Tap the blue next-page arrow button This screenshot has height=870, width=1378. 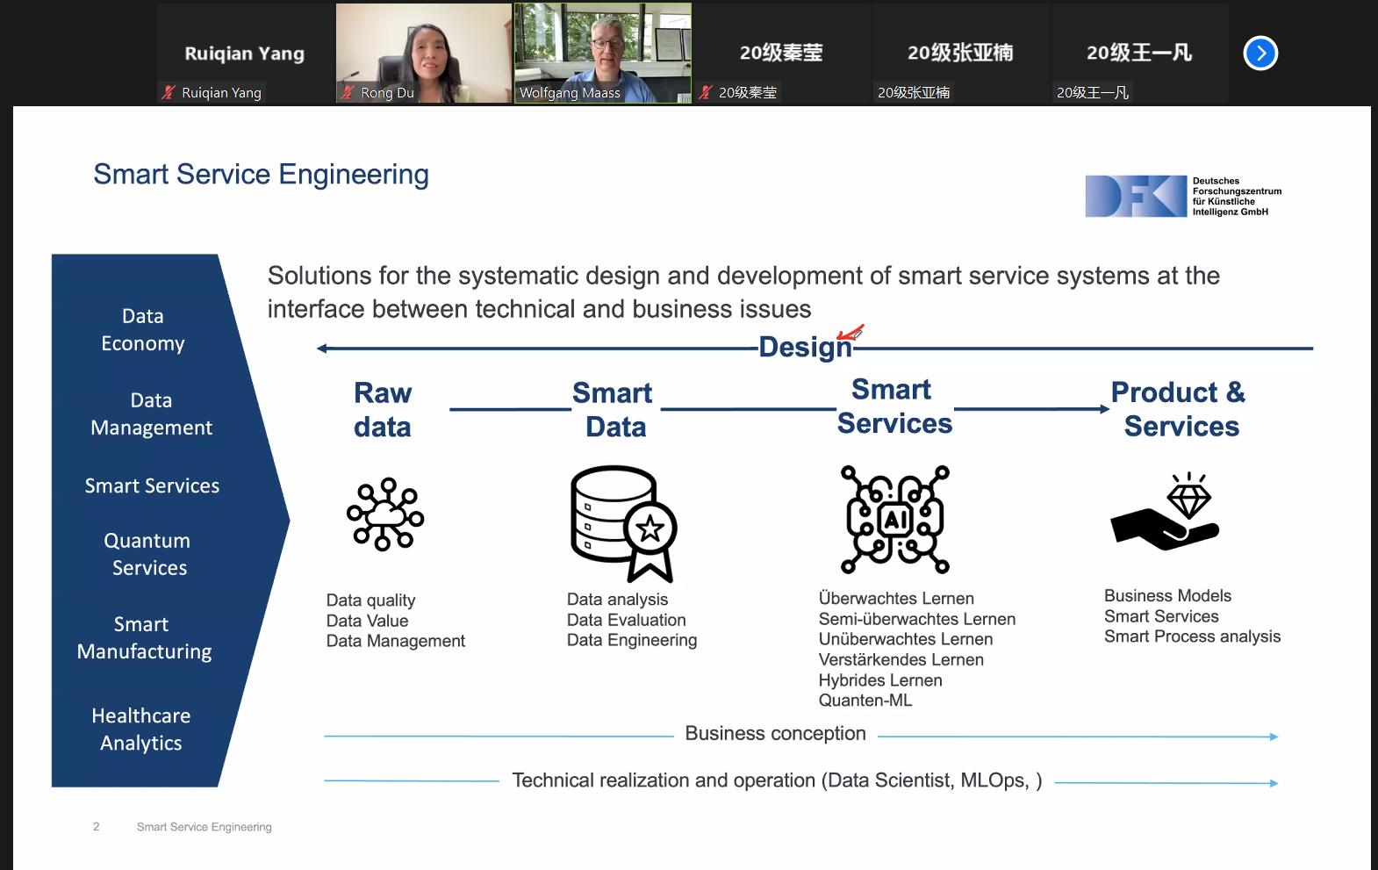pos(1260,54)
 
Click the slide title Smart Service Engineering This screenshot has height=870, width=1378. pos(261,175)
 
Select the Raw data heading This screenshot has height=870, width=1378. pos(383,409)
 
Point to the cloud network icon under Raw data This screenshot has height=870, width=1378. pos(385,514)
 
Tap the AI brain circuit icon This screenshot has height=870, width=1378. pos(894,520)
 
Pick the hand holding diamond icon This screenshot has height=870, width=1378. pos(1166,513)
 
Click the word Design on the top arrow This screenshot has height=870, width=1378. pos(805,348)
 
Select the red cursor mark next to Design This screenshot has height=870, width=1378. pos(850,333)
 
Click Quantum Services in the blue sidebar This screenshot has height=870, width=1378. pos(148,554)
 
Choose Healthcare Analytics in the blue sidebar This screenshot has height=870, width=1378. pos(141,729)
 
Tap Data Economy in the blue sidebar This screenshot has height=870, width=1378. pos(143,329)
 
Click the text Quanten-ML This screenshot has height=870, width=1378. pos(865,701)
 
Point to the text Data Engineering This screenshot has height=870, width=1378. pos(632,640)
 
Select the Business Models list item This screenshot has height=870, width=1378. pos(1167,596)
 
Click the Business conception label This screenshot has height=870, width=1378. pos(775,734)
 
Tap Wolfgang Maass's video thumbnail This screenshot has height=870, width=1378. pos(603,53)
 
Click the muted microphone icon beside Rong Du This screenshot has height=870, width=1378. pos(348,92)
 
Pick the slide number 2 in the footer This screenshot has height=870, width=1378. pos(97,827)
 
